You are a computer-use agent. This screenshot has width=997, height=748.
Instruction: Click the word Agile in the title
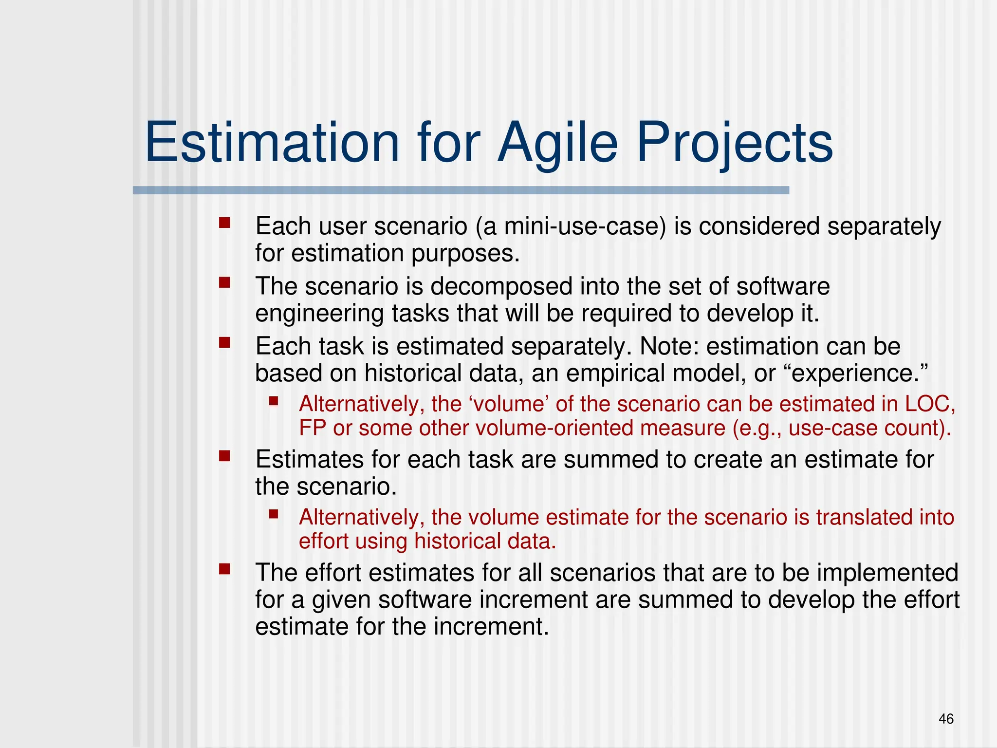[557, 143]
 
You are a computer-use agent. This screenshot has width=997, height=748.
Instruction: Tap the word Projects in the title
[735, 143]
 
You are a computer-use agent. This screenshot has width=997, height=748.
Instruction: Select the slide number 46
[946, 719]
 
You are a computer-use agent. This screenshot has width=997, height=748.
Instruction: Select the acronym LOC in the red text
[929, 404]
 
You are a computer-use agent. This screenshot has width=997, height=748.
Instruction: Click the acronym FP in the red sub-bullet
[312, 429]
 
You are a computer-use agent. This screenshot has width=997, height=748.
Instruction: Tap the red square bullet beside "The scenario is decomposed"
[224, 283]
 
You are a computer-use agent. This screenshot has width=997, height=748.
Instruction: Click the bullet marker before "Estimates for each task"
[224, 456]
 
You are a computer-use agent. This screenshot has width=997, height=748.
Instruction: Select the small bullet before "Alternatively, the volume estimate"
[273, 514]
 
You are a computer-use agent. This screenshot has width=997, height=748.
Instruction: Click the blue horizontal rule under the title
[461, 190]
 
